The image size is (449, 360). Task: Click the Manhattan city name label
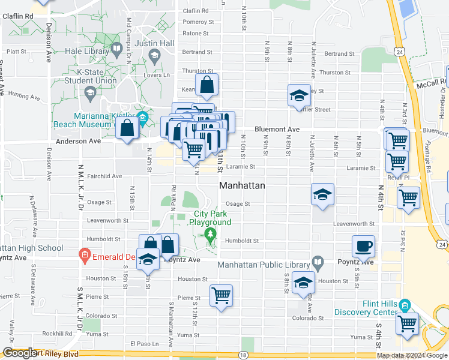pyautogui.click(x=242, y=186)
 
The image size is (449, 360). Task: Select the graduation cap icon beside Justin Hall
pyautogui.click(x=154, y=57)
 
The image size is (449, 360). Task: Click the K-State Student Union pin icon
pyautogui.click(x=90, y=92)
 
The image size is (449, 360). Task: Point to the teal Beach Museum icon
pyautogui.click(x=142, y=116)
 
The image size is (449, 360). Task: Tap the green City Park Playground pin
pyautogui.click(x=209, y=233)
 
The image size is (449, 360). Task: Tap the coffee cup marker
pyautogui.click(x=364, y=246)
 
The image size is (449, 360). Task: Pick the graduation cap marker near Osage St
pyautogui.click(x=322, y=194)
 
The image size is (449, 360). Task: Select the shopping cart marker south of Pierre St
pyautogui.click(x=221, y=295)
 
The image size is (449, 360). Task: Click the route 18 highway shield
pyautogui.click(x=243, y=355)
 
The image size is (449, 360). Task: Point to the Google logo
pyautogui.click(x=19, y=353)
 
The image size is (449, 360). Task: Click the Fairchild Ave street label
pyautogui.click(x=104, y=176)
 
